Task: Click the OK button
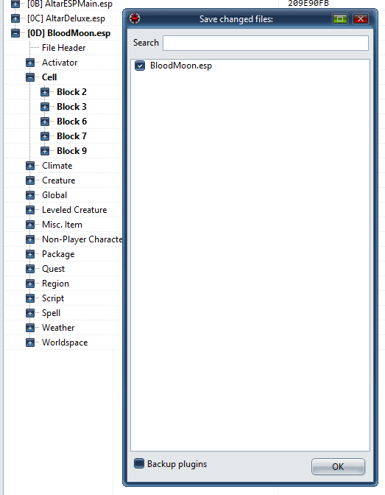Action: coord(338,466)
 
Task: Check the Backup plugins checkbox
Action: coord(139,463)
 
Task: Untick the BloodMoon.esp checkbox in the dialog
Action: coord(139,66)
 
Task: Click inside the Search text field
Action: coord(266,43)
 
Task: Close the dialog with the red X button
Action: coord(361,19)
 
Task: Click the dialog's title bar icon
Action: coord(135,18)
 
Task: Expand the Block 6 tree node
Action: coord(45,122)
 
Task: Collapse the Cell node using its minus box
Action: coord(30,77)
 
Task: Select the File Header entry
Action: coord(64,48)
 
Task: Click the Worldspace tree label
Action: coord(65,343)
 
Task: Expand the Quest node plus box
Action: coord(30,269)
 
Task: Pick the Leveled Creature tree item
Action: coord(74,210)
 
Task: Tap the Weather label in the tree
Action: coord(58,328)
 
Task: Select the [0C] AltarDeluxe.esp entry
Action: coord(66,18)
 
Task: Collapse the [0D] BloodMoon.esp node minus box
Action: coord(15,33)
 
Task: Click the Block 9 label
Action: coord(71,151)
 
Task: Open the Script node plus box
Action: coord(30,298)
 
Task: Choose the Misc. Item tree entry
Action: coord(62,225)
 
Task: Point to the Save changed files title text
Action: coord(236,19)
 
